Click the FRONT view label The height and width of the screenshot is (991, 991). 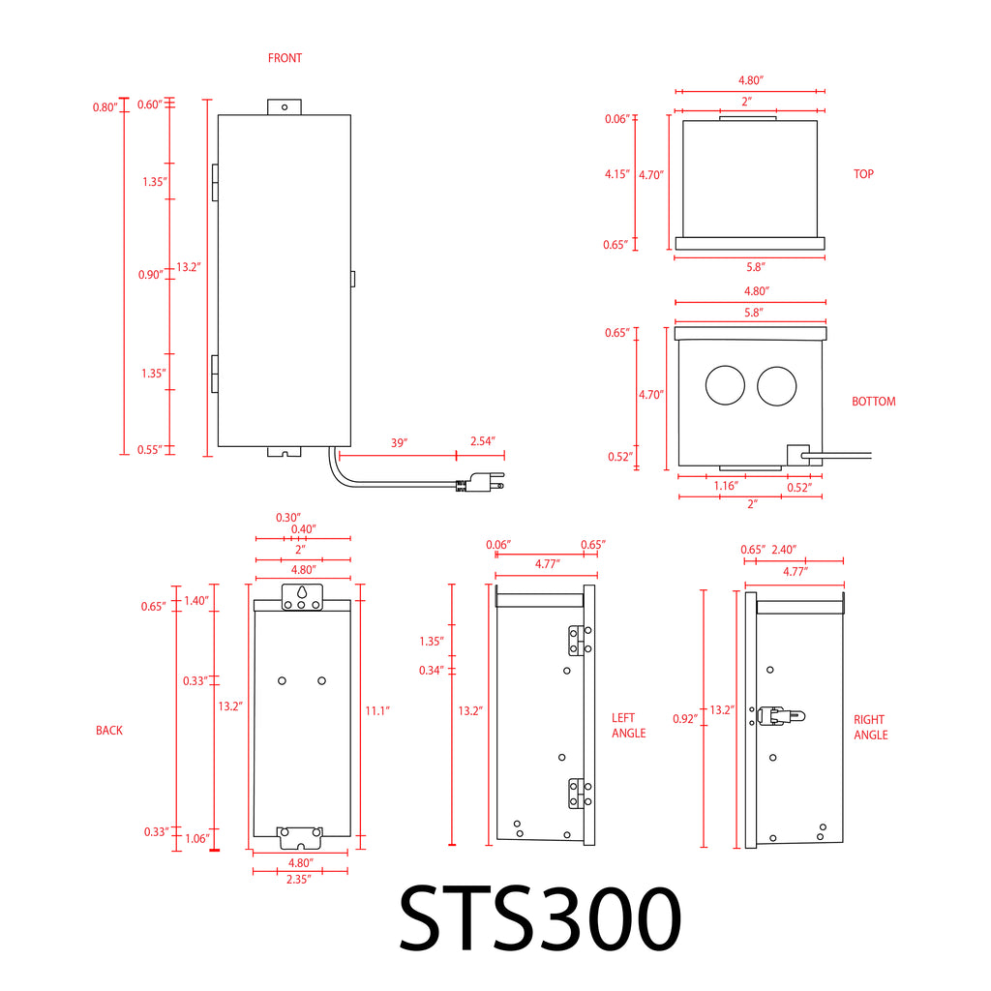(x=285, y=58)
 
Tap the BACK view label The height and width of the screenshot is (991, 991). (x=109, y=730)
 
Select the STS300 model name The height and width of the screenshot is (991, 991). (x=540, y=917)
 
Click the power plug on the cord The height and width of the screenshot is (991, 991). (x=480, y=482)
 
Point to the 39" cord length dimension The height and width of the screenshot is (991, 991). (x=399, y=442)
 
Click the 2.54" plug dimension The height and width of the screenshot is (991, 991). (x=482, y=440)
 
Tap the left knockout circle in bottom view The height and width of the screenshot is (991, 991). (x=725, y=385)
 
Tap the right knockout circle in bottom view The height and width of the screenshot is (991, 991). (x=777, y=385)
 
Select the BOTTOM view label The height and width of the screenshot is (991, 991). (x=874, y=402)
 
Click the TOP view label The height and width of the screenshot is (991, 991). (x=863, y=174)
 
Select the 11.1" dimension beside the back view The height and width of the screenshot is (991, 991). (x=377, y=711)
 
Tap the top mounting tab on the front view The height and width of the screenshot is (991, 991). (x=285, y=106)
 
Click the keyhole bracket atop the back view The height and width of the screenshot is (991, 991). (x=302, y=597)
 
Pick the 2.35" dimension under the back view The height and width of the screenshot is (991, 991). (x=298, y=879)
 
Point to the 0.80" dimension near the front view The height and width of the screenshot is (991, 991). (x=105, y=107)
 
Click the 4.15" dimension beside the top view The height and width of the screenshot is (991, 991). (x=616, y=174)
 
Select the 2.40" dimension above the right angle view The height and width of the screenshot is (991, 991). (x=784, y=550)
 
